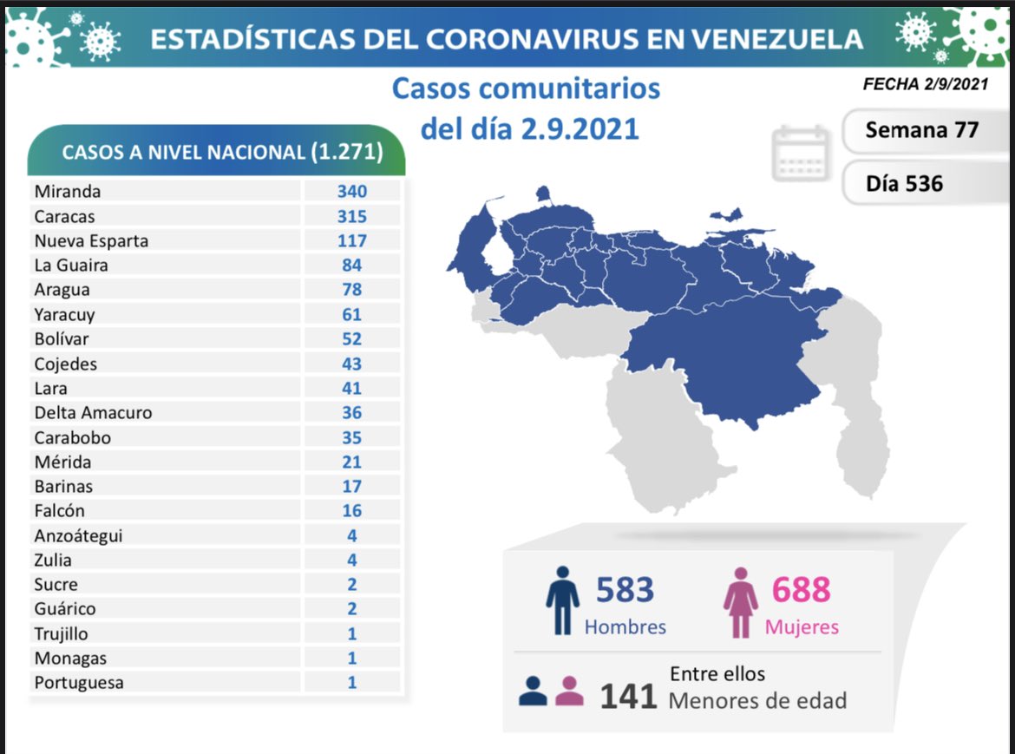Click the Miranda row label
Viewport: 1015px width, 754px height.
67,192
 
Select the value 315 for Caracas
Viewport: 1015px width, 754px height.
351,216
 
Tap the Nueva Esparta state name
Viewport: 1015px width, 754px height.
91,241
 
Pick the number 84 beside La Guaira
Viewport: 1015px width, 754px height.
351,266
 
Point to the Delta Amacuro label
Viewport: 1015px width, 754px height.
93,413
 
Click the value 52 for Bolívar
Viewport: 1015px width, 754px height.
351,339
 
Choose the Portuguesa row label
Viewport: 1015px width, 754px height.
79,683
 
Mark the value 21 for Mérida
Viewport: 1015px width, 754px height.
351,462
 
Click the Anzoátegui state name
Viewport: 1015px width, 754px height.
78,536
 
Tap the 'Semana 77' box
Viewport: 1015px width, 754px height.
921,130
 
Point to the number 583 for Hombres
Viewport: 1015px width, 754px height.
625,590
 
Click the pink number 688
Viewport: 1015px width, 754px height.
801,590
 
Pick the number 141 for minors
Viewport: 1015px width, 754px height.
629,696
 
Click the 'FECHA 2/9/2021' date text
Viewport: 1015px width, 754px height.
925,84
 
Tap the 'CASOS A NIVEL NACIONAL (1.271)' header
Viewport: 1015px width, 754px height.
222,153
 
